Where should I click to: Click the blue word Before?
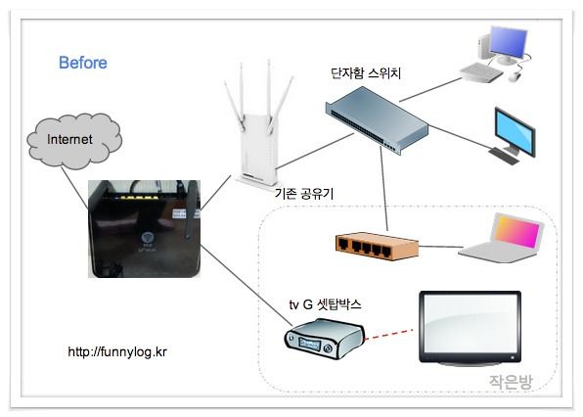83,63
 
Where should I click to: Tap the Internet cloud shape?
74,141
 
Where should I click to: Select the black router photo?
144,229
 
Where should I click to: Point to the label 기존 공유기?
304,194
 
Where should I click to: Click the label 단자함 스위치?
366,72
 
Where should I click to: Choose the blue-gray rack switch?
377,119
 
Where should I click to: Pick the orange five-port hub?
377,247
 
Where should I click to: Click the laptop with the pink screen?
502,238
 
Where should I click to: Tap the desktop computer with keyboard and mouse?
495,54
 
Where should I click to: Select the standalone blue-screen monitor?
514,136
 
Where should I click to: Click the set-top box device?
324,339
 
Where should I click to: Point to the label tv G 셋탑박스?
325,304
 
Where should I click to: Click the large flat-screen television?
470,327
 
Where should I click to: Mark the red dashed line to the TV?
388,334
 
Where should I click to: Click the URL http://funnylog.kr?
117,351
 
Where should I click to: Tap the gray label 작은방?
511,382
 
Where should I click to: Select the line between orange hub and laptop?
441,247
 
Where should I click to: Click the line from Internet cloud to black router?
74,188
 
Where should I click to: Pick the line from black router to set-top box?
247,285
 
